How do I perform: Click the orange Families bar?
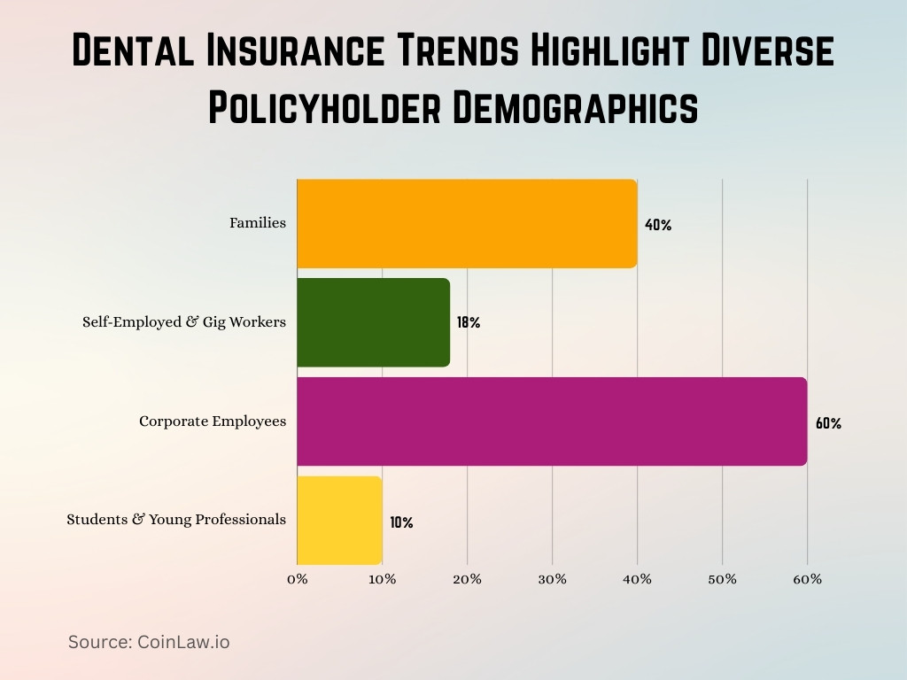[467, 223]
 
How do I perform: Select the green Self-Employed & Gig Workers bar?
[373, 322]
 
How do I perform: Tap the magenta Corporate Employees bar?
[552, 421]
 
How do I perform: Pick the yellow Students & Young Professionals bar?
[339, 520]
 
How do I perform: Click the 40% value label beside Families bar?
[658, 225]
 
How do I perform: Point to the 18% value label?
[469, 323]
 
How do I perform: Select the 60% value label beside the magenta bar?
[828, 423]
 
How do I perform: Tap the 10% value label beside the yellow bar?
[401, 522]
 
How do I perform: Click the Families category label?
[258, 223]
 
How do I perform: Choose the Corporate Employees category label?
[213, 421]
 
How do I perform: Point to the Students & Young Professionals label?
[176, 520]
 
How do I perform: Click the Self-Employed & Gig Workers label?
[184, 322]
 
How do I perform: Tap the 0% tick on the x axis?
[297, 579]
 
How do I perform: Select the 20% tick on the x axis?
[467, 579]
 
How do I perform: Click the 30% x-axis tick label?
[552, 579]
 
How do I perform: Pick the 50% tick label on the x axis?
[722, 579]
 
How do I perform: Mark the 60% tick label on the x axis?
[807, 579]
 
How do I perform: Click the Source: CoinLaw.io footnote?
[149, 642]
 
